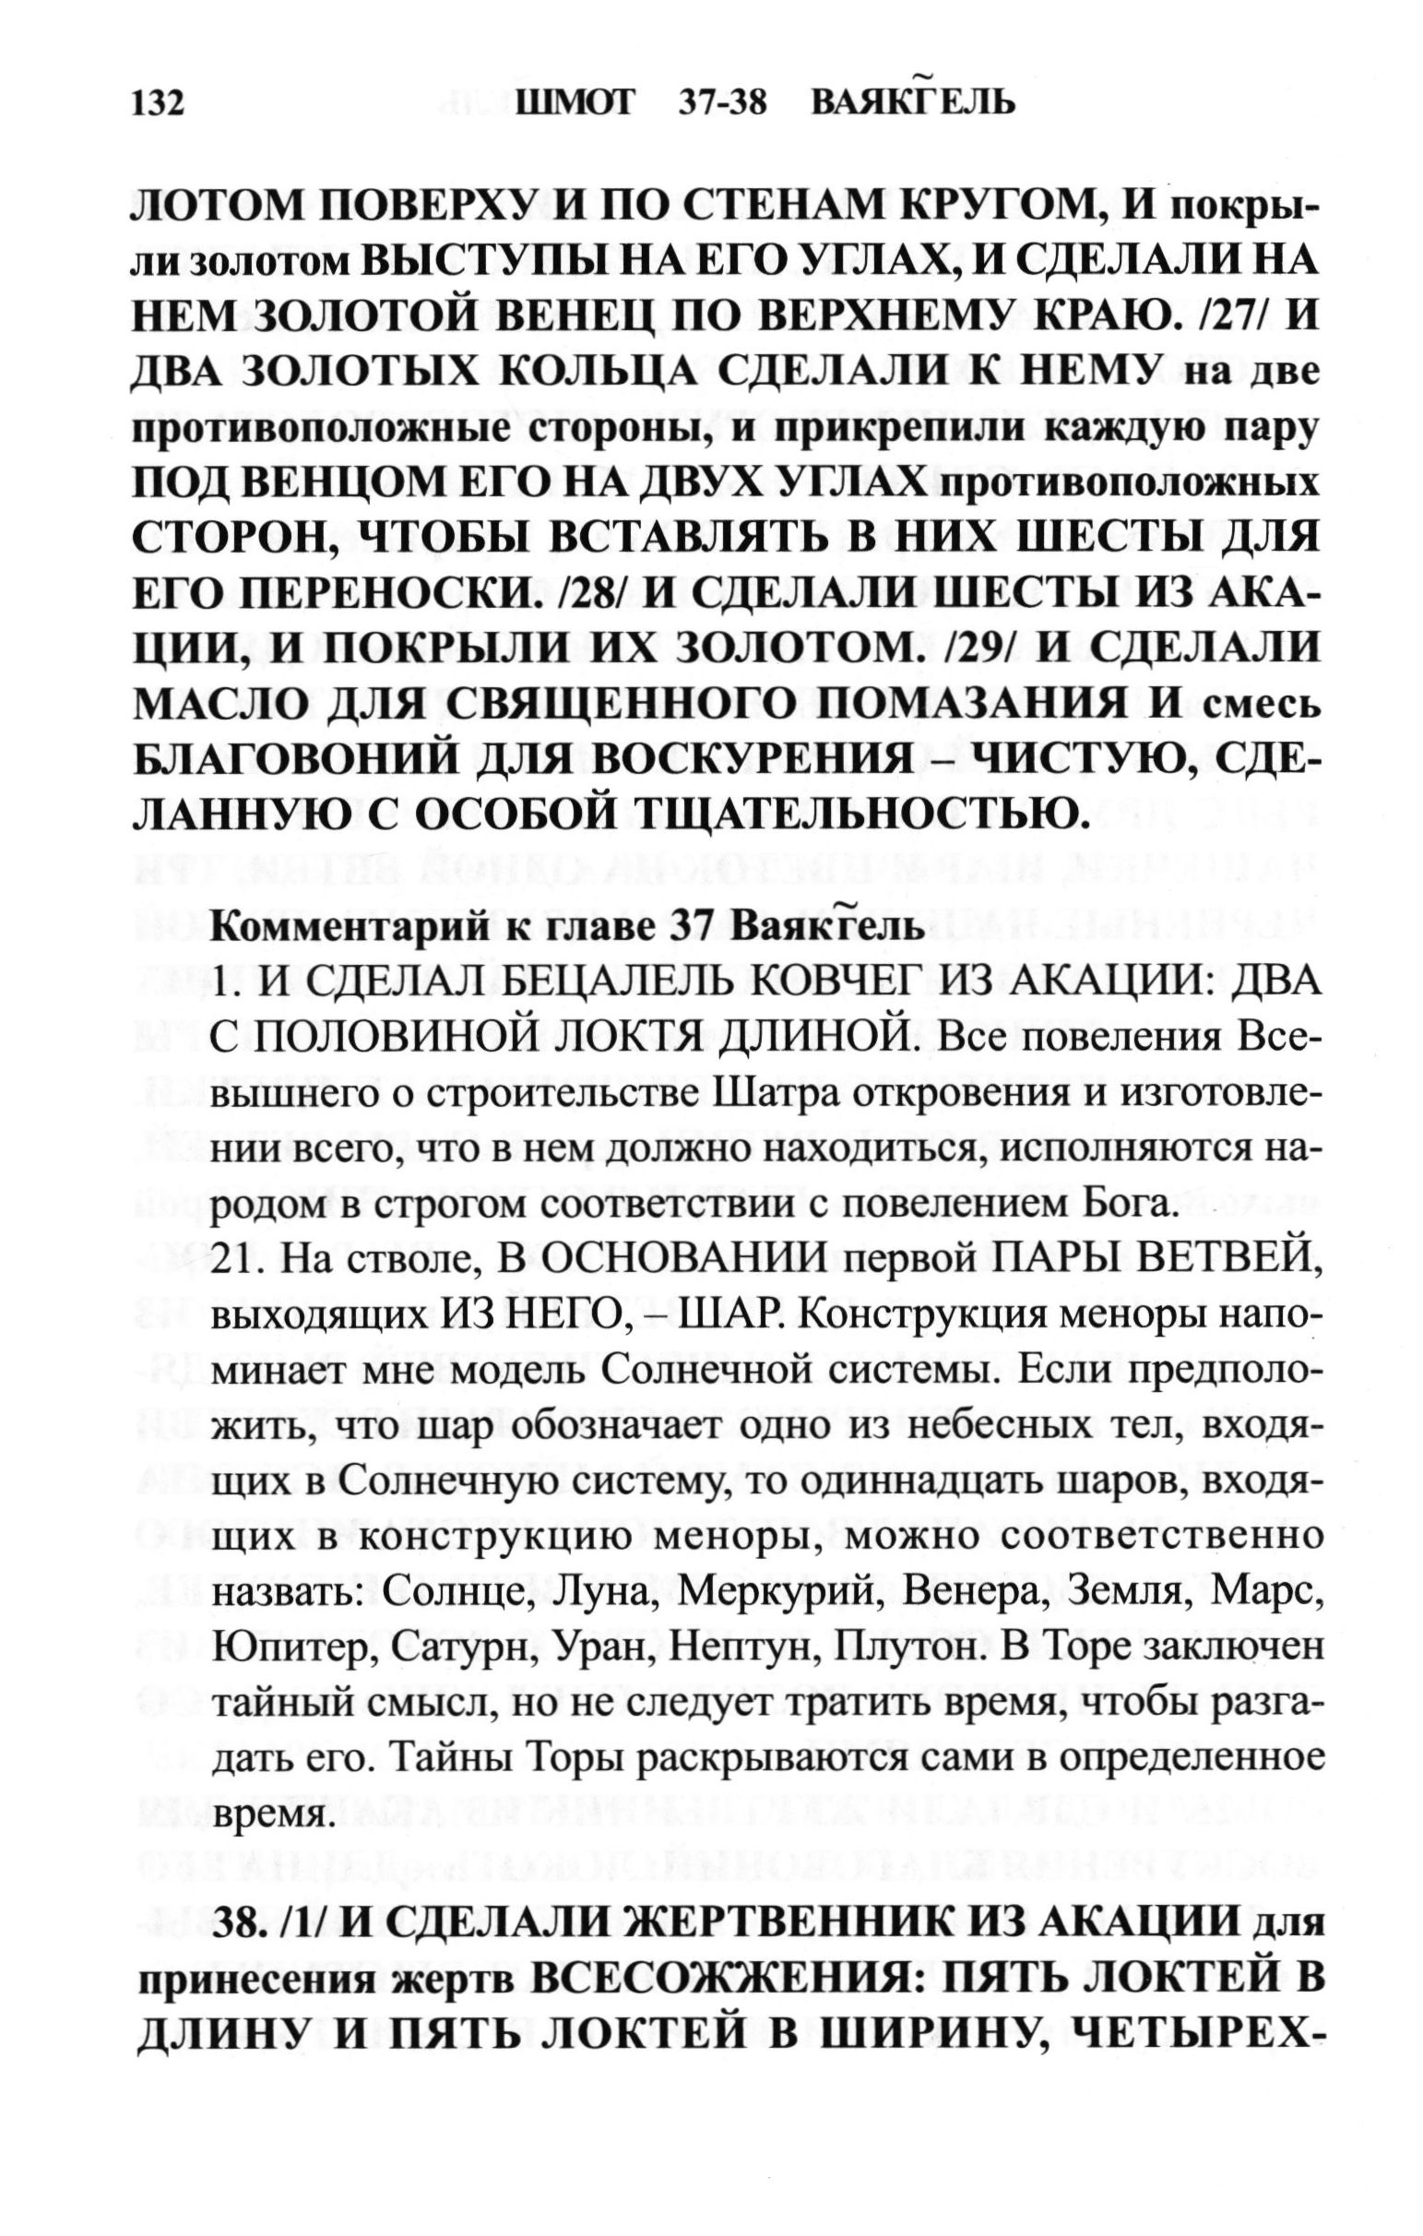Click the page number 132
click(x=160, y=103)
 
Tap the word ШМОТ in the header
click(x=575, y=101)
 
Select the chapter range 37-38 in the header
click(x=722, y=101)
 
